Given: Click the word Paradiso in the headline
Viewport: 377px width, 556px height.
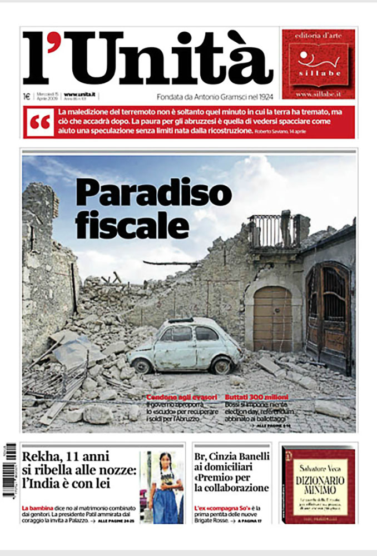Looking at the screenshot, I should (153, 193).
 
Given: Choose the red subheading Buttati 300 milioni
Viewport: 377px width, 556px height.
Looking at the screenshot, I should (257, 398).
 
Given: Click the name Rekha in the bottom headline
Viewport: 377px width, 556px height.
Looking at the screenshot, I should (42, 457).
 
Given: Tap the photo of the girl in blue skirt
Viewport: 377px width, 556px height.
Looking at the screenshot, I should (162, 487).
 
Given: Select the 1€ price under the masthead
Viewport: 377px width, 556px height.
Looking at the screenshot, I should (26, 96).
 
